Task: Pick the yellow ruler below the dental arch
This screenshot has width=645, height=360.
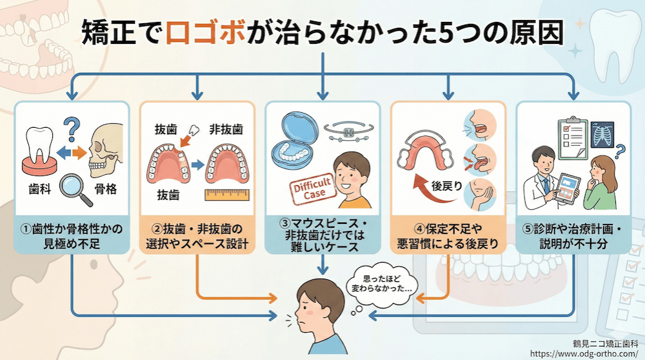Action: point(225,194)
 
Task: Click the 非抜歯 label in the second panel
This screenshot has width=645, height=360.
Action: point(226,129)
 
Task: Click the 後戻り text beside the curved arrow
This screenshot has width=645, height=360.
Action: point(446,186)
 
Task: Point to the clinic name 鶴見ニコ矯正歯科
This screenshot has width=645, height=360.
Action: point(604,343)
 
